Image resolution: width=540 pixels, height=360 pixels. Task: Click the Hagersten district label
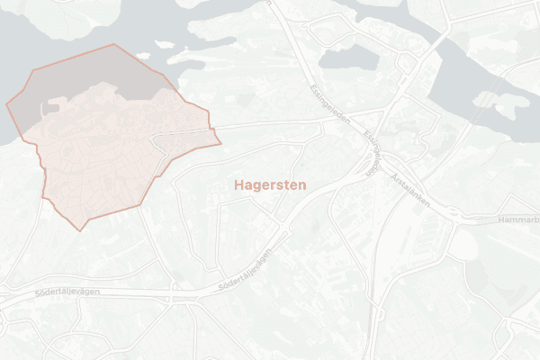point(270,184)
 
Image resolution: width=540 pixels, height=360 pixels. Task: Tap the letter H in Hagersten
point(238,184)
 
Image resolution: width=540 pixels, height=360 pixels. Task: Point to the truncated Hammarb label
point(517,220)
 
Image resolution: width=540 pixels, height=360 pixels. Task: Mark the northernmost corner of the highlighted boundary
point(114,44)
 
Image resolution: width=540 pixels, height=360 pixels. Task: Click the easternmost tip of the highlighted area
point(220,141)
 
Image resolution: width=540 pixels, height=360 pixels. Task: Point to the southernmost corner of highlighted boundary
point(81,230)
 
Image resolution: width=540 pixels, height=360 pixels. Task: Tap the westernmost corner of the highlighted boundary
point(6,104)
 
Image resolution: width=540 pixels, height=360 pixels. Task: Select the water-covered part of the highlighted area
point(81,72)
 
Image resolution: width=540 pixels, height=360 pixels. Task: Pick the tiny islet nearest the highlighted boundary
point(143,56)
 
